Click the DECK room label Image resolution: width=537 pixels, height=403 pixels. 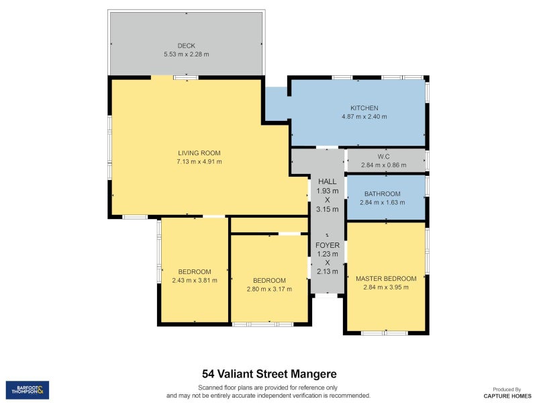[186, 46]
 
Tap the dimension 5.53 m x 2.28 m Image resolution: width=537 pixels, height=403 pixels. [186, 54]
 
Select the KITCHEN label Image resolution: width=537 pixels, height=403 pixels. [364, 108]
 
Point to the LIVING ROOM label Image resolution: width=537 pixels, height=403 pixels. [199, 152]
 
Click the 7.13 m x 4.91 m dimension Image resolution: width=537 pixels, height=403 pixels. [199, 161]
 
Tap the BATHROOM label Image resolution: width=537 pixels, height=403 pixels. [382, 193]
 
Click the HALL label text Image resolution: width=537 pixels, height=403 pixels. [328, 181]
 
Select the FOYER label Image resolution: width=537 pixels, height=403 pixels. [328, 245]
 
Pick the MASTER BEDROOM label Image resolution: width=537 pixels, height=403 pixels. [386, 278]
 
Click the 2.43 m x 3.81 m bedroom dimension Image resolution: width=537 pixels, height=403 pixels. [194, 280]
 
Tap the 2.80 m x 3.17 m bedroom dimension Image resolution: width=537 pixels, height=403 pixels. [269, 289]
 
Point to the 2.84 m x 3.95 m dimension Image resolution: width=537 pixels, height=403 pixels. [386, 287]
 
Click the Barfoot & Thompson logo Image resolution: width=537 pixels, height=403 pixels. [28, 390]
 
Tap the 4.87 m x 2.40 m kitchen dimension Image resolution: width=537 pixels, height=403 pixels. [364, 117]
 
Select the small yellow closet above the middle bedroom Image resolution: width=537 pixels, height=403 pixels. [268, 225]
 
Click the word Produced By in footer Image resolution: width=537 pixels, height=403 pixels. [507, 389]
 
